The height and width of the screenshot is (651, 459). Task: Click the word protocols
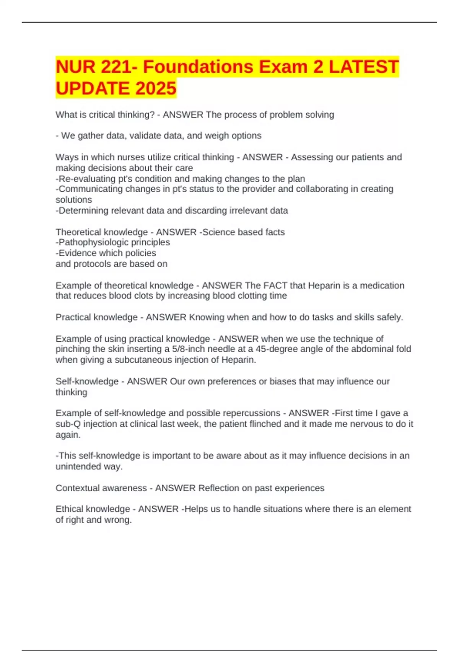pos(91,264)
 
